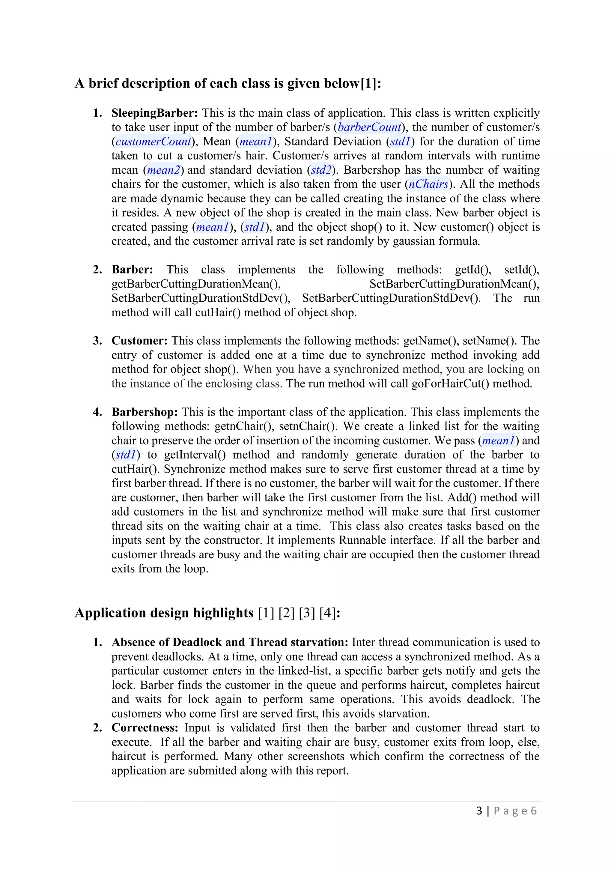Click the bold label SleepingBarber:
[154, 113]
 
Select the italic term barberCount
[369, 127]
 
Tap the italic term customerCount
[153, 142]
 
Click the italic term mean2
[163, 170]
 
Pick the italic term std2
[321, 170]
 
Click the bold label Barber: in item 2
[132, 270]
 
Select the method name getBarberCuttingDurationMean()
[196, 284]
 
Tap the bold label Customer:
[139, 341]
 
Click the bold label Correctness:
[145, 727]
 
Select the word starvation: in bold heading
[319, 642]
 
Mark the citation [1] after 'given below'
[368, 83]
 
